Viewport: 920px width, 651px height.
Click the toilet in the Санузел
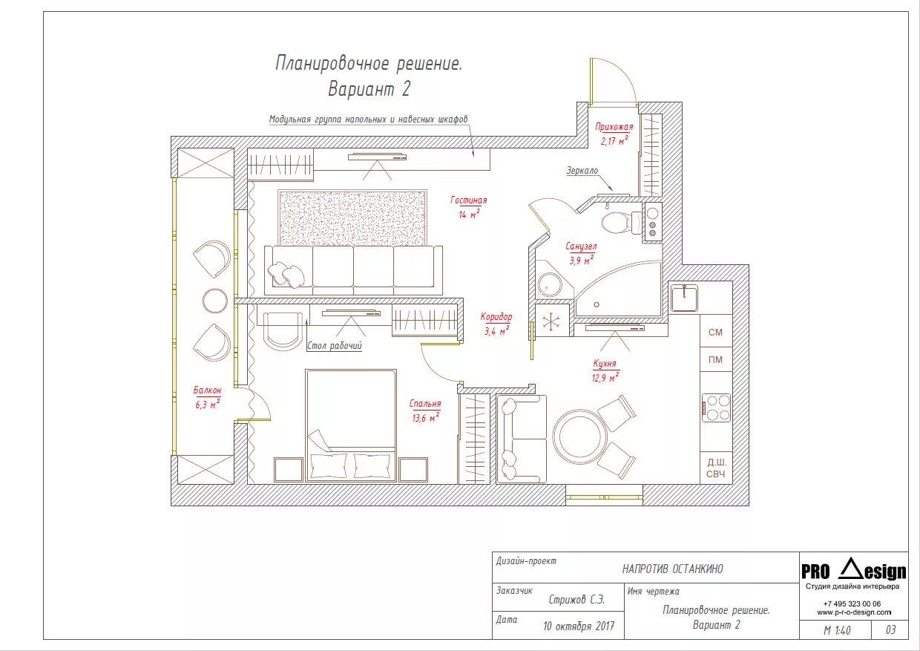(620, 223)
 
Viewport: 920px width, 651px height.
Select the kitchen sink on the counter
(684, 298)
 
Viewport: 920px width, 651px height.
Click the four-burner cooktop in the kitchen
(716, 408)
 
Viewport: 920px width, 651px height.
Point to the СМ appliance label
(715, 332)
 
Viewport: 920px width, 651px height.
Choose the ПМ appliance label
(715, 359)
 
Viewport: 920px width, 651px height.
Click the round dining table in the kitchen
(579, 436)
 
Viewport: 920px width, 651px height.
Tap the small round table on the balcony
(215, 301)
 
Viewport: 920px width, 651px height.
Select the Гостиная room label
(469, 200)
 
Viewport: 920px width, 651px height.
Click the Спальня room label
(425, 404)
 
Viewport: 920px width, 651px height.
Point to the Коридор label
(496, 317)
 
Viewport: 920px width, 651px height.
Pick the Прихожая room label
(614, 127)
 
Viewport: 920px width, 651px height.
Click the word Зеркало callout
(582, 170)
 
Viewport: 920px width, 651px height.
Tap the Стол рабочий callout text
(335, 346)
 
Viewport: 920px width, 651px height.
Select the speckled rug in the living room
(353, 217)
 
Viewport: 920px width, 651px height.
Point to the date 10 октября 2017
(579, 626)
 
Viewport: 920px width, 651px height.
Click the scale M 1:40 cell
(837, 630)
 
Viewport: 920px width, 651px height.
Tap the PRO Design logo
(853, 571)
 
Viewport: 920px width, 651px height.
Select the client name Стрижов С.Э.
(576, 600)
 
